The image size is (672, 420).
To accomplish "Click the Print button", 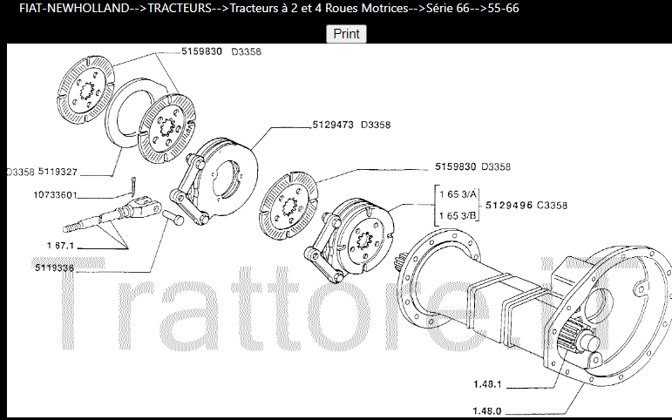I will pos(347,34).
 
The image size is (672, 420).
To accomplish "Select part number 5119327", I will pos(58,172).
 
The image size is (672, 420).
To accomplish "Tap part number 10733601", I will pos(44,195).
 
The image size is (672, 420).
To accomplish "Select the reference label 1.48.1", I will pos(489,383).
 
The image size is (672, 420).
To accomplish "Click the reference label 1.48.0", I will pos(489,410).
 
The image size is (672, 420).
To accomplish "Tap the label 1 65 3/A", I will pos(457,194).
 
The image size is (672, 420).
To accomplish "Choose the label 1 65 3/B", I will pos(457,214).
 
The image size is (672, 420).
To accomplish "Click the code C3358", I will pos(553,205).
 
